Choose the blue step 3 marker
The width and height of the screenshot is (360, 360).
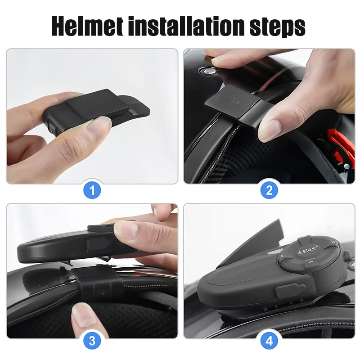click(x=93, y=341)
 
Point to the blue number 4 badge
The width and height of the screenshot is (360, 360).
click(x=269, y=341)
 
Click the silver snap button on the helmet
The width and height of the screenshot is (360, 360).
click(x=208, y=71)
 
